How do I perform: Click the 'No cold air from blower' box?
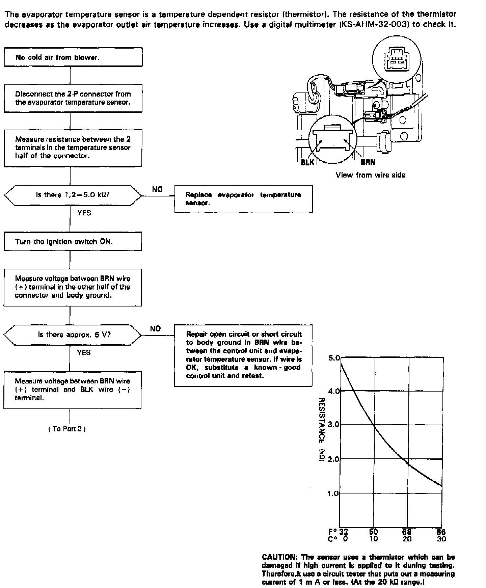pyautogui.click(x=73, y=57)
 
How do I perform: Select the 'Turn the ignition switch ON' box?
pyautogui.click(x=73, y=242)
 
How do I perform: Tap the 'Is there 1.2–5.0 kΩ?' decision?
pyautogui.click(x=73, y=195)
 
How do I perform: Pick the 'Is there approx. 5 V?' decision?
pyautogui.click(x=73, y=335)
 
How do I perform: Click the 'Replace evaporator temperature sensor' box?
pyautogui.click(x=243, y=199)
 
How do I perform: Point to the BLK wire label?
pyautogui.click(x=307, y=162)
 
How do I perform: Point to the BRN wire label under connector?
pyautogui.click(x=368, y=162)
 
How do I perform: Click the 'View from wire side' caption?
pyautogui.click(x=370, y=175)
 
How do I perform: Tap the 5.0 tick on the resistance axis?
pyautogui.click(x=334, y=358)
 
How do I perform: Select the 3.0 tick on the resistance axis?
pyautogui.click(x=334, y=425)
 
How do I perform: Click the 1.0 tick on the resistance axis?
pyautogui.click(x=334, y=493)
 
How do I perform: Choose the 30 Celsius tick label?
pyautogui.click(x=441, y=539)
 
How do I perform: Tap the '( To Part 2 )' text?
pyautogui.click(x=67, y=429)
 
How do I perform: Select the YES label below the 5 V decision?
pyautogui.click(x=84, y=352)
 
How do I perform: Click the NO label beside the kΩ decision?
pyautogui.click(x=157, y=189)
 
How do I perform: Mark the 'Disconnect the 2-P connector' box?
pyautogui.click(x=73, y=98)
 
